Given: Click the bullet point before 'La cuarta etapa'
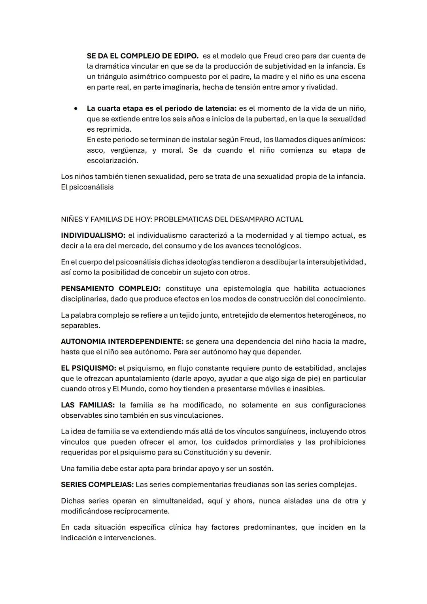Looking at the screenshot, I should (x=76, y=108).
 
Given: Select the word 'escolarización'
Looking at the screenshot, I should (x=112, y=161).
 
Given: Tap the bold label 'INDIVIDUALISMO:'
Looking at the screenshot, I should (x=93, y=236).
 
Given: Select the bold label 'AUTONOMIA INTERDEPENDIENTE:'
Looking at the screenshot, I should (x=122, y=341).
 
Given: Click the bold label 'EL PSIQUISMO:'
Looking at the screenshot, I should (x=88, y=368).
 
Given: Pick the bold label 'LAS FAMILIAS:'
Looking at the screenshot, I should (x=88, y=405).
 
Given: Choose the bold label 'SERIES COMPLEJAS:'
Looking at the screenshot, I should (x=97, y=485).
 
